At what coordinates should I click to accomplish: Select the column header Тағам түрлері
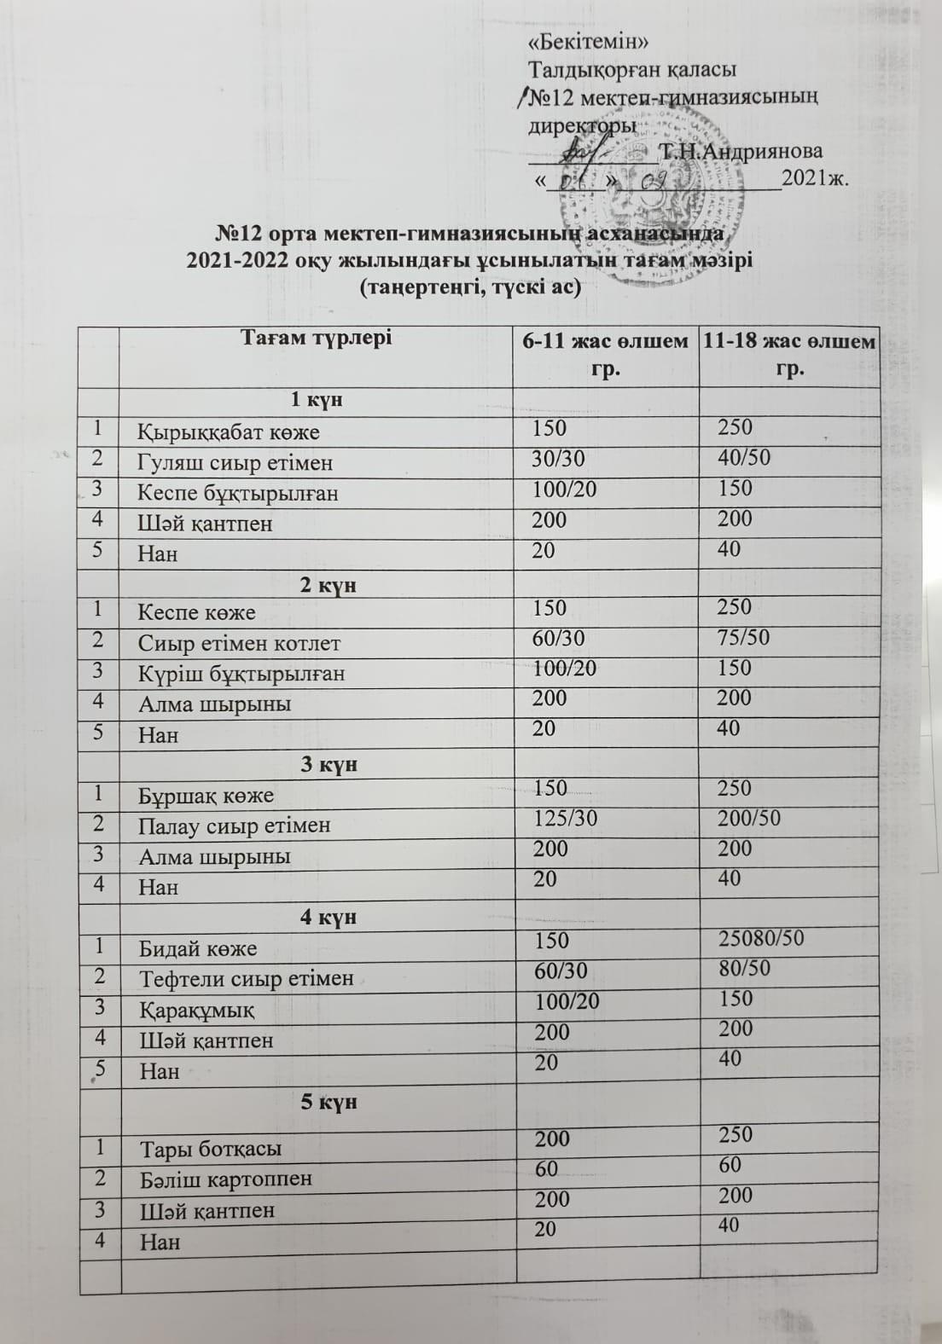(316, 339)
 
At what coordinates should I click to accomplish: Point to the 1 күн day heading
(317, 400)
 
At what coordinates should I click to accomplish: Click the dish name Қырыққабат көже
(229, 432)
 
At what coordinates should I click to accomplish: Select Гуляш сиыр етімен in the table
(235, 463)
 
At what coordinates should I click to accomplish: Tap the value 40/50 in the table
(744, 458)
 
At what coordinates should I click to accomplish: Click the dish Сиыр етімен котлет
(240, 643)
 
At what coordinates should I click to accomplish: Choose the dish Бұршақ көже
(206, 796)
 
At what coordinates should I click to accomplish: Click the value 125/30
(565, 819)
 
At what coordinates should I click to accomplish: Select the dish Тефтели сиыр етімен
(247, 978)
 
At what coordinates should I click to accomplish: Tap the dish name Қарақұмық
(196, 1010)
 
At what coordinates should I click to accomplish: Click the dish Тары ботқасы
(211, 1149)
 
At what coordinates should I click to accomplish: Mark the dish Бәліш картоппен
(226, 1179)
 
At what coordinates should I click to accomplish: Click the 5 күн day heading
(329, 1102)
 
